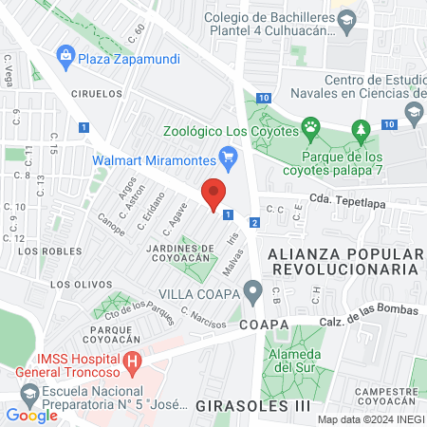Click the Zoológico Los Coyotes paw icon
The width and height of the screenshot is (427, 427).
tap(310, 125)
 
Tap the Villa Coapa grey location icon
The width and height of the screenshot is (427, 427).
tap(252, 290)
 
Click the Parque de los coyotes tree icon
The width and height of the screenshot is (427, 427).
tap(360, 129)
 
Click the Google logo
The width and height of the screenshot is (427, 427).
tap(31, 415)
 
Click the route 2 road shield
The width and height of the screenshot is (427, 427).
tap(253, 222)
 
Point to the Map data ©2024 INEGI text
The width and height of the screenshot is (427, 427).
tap(370, 419)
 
